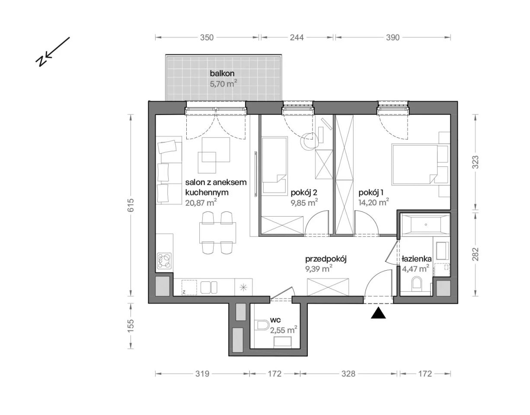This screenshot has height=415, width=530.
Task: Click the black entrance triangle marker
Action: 378,313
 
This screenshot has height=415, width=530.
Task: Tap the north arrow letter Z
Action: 41,62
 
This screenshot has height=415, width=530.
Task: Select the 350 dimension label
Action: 207,38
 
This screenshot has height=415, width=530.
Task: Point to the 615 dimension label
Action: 131,205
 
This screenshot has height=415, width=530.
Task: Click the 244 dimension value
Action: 297,38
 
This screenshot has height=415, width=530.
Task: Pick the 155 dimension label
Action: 131,326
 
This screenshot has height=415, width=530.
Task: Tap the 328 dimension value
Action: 348,374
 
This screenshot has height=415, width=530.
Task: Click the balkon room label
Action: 222,73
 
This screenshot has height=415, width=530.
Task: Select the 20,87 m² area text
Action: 201,202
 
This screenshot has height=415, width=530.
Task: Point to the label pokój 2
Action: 304,193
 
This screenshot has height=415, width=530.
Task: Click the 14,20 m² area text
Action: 374,202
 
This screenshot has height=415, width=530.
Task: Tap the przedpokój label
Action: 326,259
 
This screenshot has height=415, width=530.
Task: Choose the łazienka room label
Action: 417,259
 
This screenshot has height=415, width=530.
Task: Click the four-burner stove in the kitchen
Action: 165,261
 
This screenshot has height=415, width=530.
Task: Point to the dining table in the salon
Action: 217,233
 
